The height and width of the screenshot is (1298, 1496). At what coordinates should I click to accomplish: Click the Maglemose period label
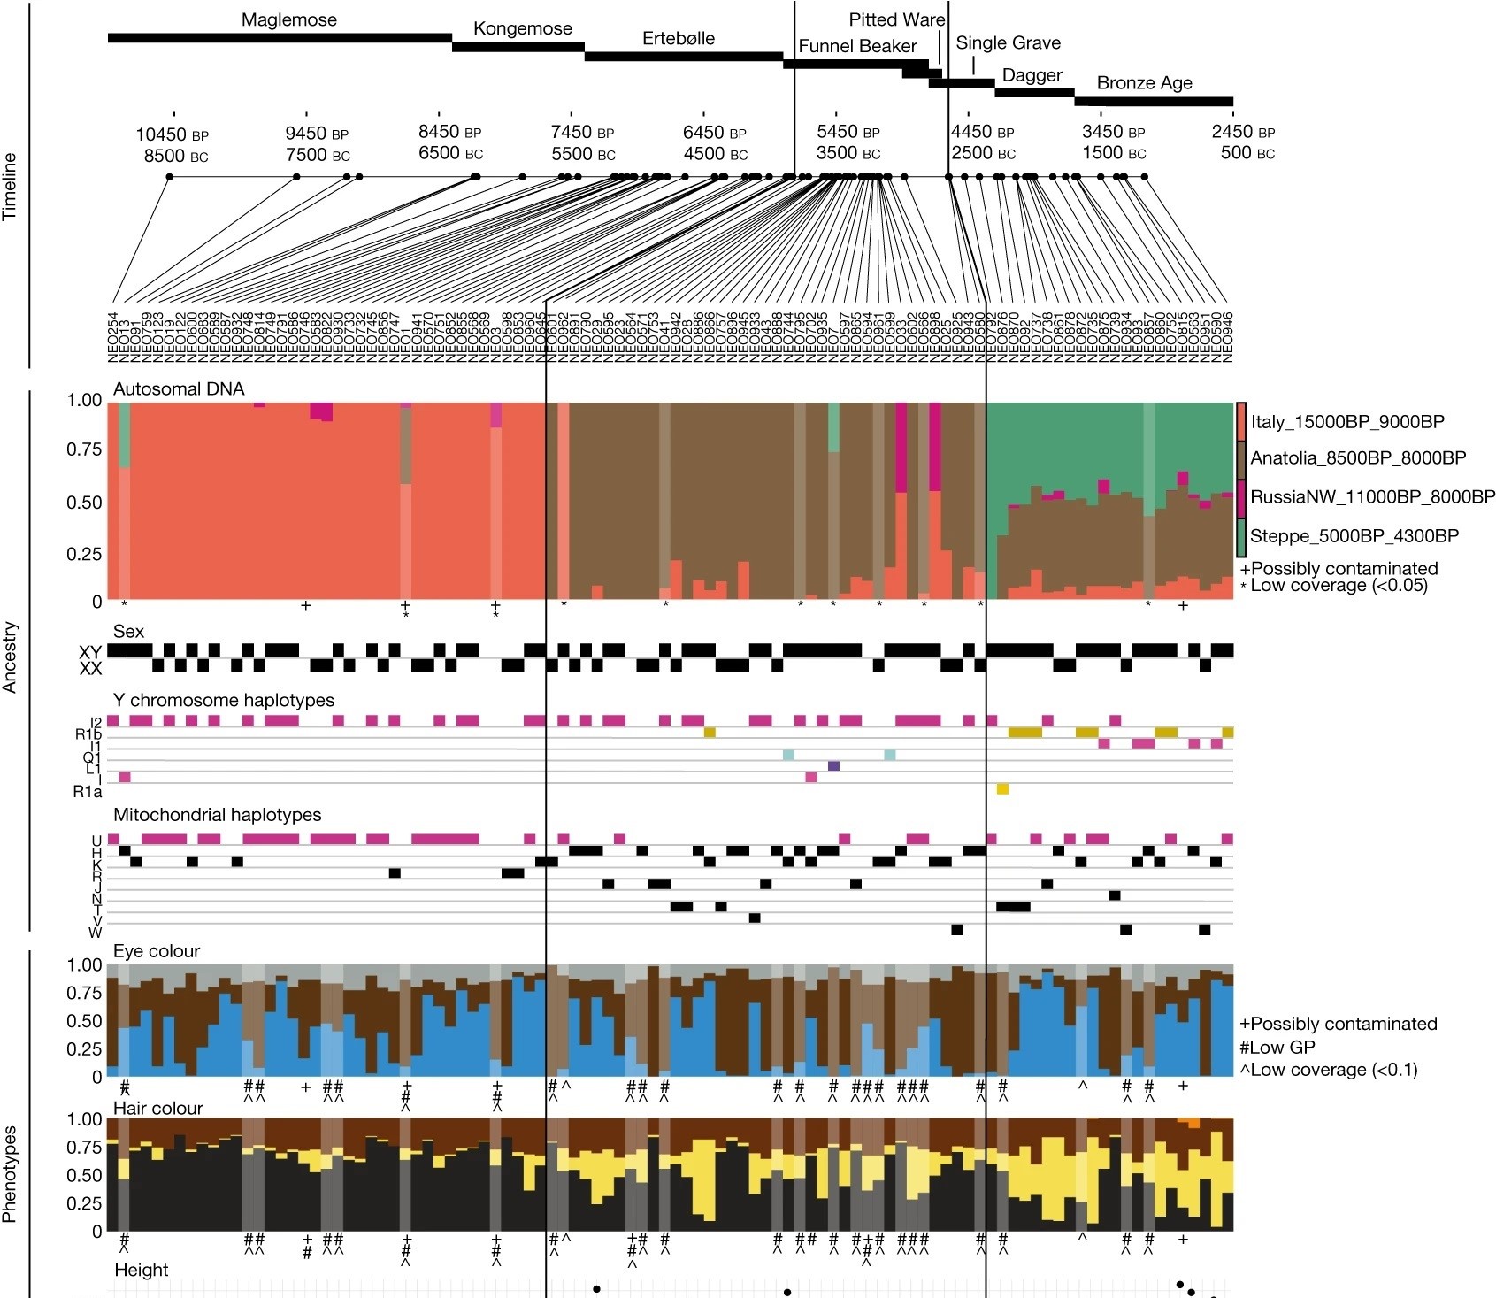289,20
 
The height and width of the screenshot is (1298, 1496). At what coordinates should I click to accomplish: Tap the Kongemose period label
522,28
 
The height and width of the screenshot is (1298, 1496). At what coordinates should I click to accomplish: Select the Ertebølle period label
678,39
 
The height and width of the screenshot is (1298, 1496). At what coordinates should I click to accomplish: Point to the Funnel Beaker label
856,47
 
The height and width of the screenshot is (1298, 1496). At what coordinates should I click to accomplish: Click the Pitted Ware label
896,19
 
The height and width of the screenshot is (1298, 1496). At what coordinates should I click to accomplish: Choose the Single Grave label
1008,43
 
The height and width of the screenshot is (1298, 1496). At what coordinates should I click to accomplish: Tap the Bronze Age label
1144,83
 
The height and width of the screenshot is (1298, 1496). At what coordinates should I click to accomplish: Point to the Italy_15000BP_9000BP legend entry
1346,422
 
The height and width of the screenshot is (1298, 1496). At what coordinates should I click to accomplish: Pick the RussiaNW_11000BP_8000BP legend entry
1371,497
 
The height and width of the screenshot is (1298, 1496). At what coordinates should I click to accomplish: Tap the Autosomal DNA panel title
179,389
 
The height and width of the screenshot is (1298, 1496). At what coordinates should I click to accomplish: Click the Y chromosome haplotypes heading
224,700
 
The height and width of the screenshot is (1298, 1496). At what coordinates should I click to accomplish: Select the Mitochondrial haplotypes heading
217,814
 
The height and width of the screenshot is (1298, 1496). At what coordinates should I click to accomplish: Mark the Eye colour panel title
157,951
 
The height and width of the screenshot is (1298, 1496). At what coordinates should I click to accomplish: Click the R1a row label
88,792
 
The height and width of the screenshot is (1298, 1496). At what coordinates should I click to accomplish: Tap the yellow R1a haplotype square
1002,788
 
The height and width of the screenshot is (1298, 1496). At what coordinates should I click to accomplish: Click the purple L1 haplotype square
833,765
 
